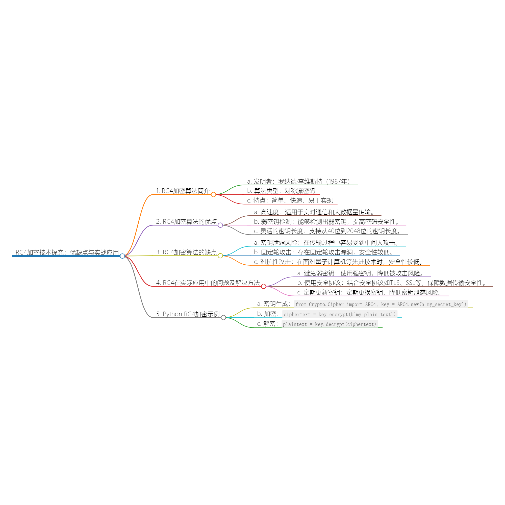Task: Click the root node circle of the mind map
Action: (122, 256)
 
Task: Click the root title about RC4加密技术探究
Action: (67, 252)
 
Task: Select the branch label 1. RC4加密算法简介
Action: (183, 191)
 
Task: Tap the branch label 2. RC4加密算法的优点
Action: (186, 222)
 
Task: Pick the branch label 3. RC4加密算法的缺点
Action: (186, 252)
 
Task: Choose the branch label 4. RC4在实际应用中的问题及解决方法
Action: (208, 283)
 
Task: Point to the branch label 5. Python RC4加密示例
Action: (188, 314)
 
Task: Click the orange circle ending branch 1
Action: (214, 194)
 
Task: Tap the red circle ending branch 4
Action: (263, 287)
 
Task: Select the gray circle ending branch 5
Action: (223, 318)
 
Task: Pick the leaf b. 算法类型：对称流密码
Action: (281, 191)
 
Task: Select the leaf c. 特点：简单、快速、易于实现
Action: (290, 200)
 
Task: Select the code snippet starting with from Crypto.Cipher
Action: (381, 304)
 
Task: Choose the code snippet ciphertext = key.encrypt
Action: (340, 314)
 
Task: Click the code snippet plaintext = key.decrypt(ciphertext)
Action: (329, 324)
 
